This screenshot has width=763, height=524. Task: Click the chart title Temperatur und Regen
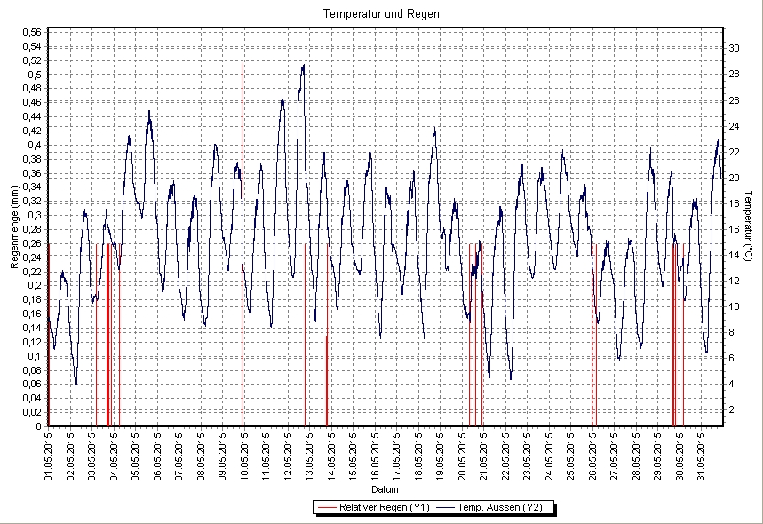coord(381,14)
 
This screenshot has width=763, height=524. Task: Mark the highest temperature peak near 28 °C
coord(304,65)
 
